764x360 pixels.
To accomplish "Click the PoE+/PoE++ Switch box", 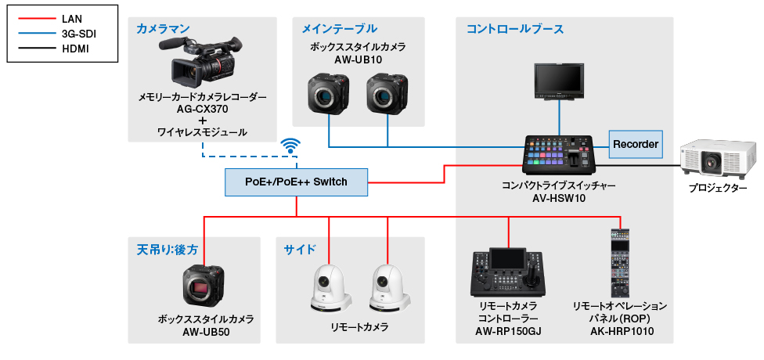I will tap(296, 182).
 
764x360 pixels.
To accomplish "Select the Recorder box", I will tap(636, 145).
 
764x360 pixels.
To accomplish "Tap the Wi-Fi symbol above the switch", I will tap(291, 146).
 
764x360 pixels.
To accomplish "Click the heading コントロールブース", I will tap(514, 29).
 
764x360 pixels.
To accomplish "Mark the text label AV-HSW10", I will tap(559, 199).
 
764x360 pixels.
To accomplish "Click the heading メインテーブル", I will tap(339, 29).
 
